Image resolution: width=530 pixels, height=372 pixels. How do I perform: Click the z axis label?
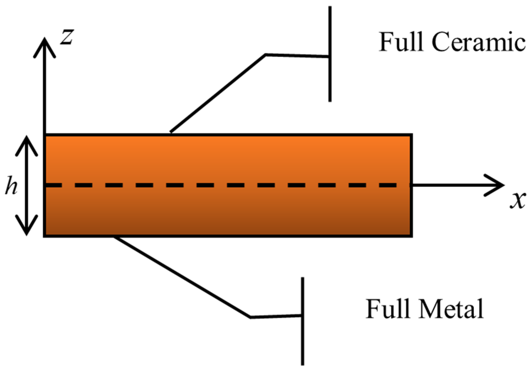pyautogui.click(x=67, y=37)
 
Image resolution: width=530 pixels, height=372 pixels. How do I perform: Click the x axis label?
pyautogui.click(x=517, y=200)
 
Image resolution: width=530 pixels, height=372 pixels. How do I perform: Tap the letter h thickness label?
pyautogui.click(x=11, y=186)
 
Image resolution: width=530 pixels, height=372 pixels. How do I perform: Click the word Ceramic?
pyautogui.click(x=478, y=42)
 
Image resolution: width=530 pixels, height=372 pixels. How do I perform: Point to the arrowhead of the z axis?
pyautogui.click(x=44, y=42)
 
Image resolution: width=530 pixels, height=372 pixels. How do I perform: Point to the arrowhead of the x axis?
pyautogui.click(x=500, y=185)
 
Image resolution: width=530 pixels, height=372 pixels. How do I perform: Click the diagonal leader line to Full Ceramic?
pyautogui.click(x=218, y=93)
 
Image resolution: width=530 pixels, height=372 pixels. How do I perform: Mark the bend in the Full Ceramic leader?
pyautogui.click(x=266, y=55)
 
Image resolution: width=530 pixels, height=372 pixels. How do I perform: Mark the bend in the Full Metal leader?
pyautogui.click(x=250, y=317)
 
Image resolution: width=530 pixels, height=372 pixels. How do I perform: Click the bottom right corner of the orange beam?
pyautogui.click(x=411, y=236)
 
